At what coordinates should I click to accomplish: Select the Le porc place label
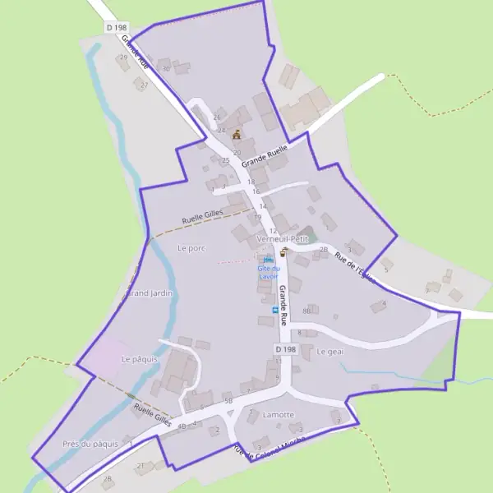click(190, 247)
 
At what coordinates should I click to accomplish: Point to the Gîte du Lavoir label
click(269, 272)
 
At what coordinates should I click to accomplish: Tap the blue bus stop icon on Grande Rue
click(274, 310)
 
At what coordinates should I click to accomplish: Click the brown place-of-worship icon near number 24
click(237, 134)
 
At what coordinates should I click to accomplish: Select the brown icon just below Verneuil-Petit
click(284, 251)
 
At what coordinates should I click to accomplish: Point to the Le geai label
click(329, 352)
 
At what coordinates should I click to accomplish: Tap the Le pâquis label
click(138, 359)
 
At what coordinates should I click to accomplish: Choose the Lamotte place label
click(278, 415)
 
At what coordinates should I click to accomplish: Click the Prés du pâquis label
click(90, 444)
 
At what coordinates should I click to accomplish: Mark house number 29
click(123, 58)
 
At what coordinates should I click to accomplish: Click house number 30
click(166, 69)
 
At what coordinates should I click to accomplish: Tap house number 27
click(145, 85)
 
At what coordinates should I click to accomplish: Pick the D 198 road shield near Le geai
click(284, 348)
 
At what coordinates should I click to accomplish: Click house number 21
click(140, 466)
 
